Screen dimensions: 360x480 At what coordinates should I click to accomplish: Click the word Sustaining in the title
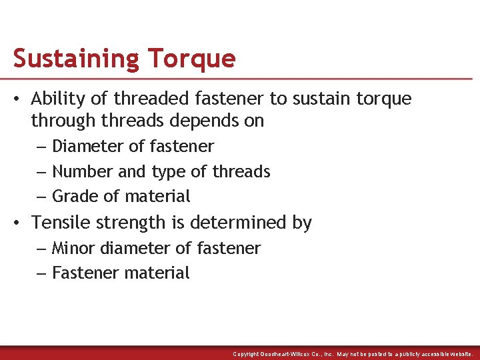75,59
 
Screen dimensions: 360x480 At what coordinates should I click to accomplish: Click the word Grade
74,197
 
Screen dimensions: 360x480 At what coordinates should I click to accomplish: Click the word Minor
74,248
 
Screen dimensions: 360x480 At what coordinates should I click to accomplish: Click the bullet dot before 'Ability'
19,100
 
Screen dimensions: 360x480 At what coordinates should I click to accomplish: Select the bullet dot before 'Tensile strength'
19,223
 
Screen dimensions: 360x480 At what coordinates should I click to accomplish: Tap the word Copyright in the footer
246,354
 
